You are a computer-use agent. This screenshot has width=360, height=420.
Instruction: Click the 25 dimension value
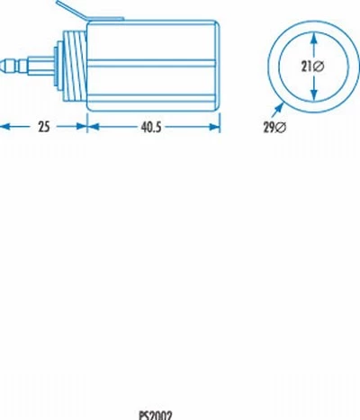(44, 127)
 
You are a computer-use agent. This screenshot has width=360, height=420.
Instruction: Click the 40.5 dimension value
(151, 128)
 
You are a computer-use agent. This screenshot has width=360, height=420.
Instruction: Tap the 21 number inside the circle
(306, 67)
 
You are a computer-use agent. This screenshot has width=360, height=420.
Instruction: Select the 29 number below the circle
(269, 128)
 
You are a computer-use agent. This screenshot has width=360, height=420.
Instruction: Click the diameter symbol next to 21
(319, 67)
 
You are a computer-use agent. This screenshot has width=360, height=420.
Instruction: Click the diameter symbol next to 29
(280, 128)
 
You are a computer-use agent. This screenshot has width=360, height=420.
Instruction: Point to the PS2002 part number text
(156, 416)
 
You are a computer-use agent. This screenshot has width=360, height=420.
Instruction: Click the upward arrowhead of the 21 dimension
(314, 39)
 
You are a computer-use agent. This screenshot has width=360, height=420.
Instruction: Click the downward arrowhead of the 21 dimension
(314, 94)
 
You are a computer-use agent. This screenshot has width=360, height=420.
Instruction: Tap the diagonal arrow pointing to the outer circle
(277, 110)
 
